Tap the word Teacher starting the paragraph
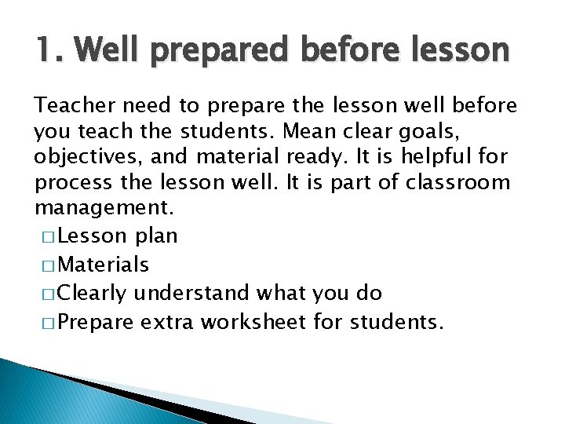click(x=72, y=106)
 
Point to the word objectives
click(x=82, y=158)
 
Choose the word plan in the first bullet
click(x=156, y=236)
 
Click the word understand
click(x=194, y=294)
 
